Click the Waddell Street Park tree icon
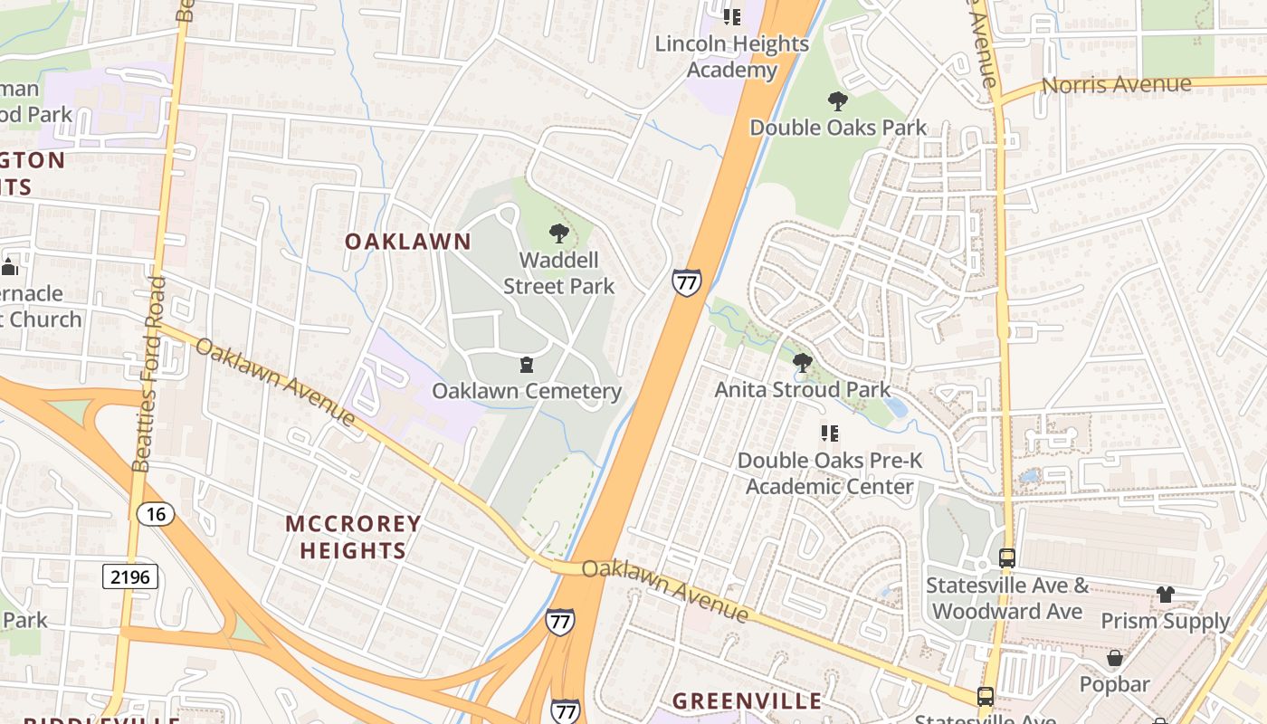click(x=559, y=233)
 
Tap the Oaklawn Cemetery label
click(x=527, y=391)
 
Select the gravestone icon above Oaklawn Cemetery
click(x=527, y=365)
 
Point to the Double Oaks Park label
click(x=838, y=128)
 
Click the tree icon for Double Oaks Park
click(x=838, y=101)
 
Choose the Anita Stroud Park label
click(x=803, y=389)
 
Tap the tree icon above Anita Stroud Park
click(x=802, y=364)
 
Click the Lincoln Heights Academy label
click(x=731, y=56)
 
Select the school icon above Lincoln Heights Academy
click(x=731, y=17)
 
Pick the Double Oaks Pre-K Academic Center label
click(x=830, y=473)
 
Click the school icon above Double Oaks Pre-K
click(x=829, y=434)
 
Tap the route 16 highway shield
click(x=156, y=514)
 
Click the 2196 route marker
click(x=130, y=576)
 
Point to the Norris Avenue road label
click(x=1117, y=85)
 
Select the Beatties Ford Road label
click(x=150, y=375)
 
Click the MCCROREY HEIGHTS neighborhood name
click(x=353, y=537)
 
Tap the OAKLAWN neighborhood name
click(x=408, y=242)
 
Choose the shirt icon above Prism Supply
click(x=1165, y=595)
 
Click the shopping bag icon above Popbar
click(x=1115, y=658)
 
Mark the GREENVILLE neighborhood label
click(x=748, y=700)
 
